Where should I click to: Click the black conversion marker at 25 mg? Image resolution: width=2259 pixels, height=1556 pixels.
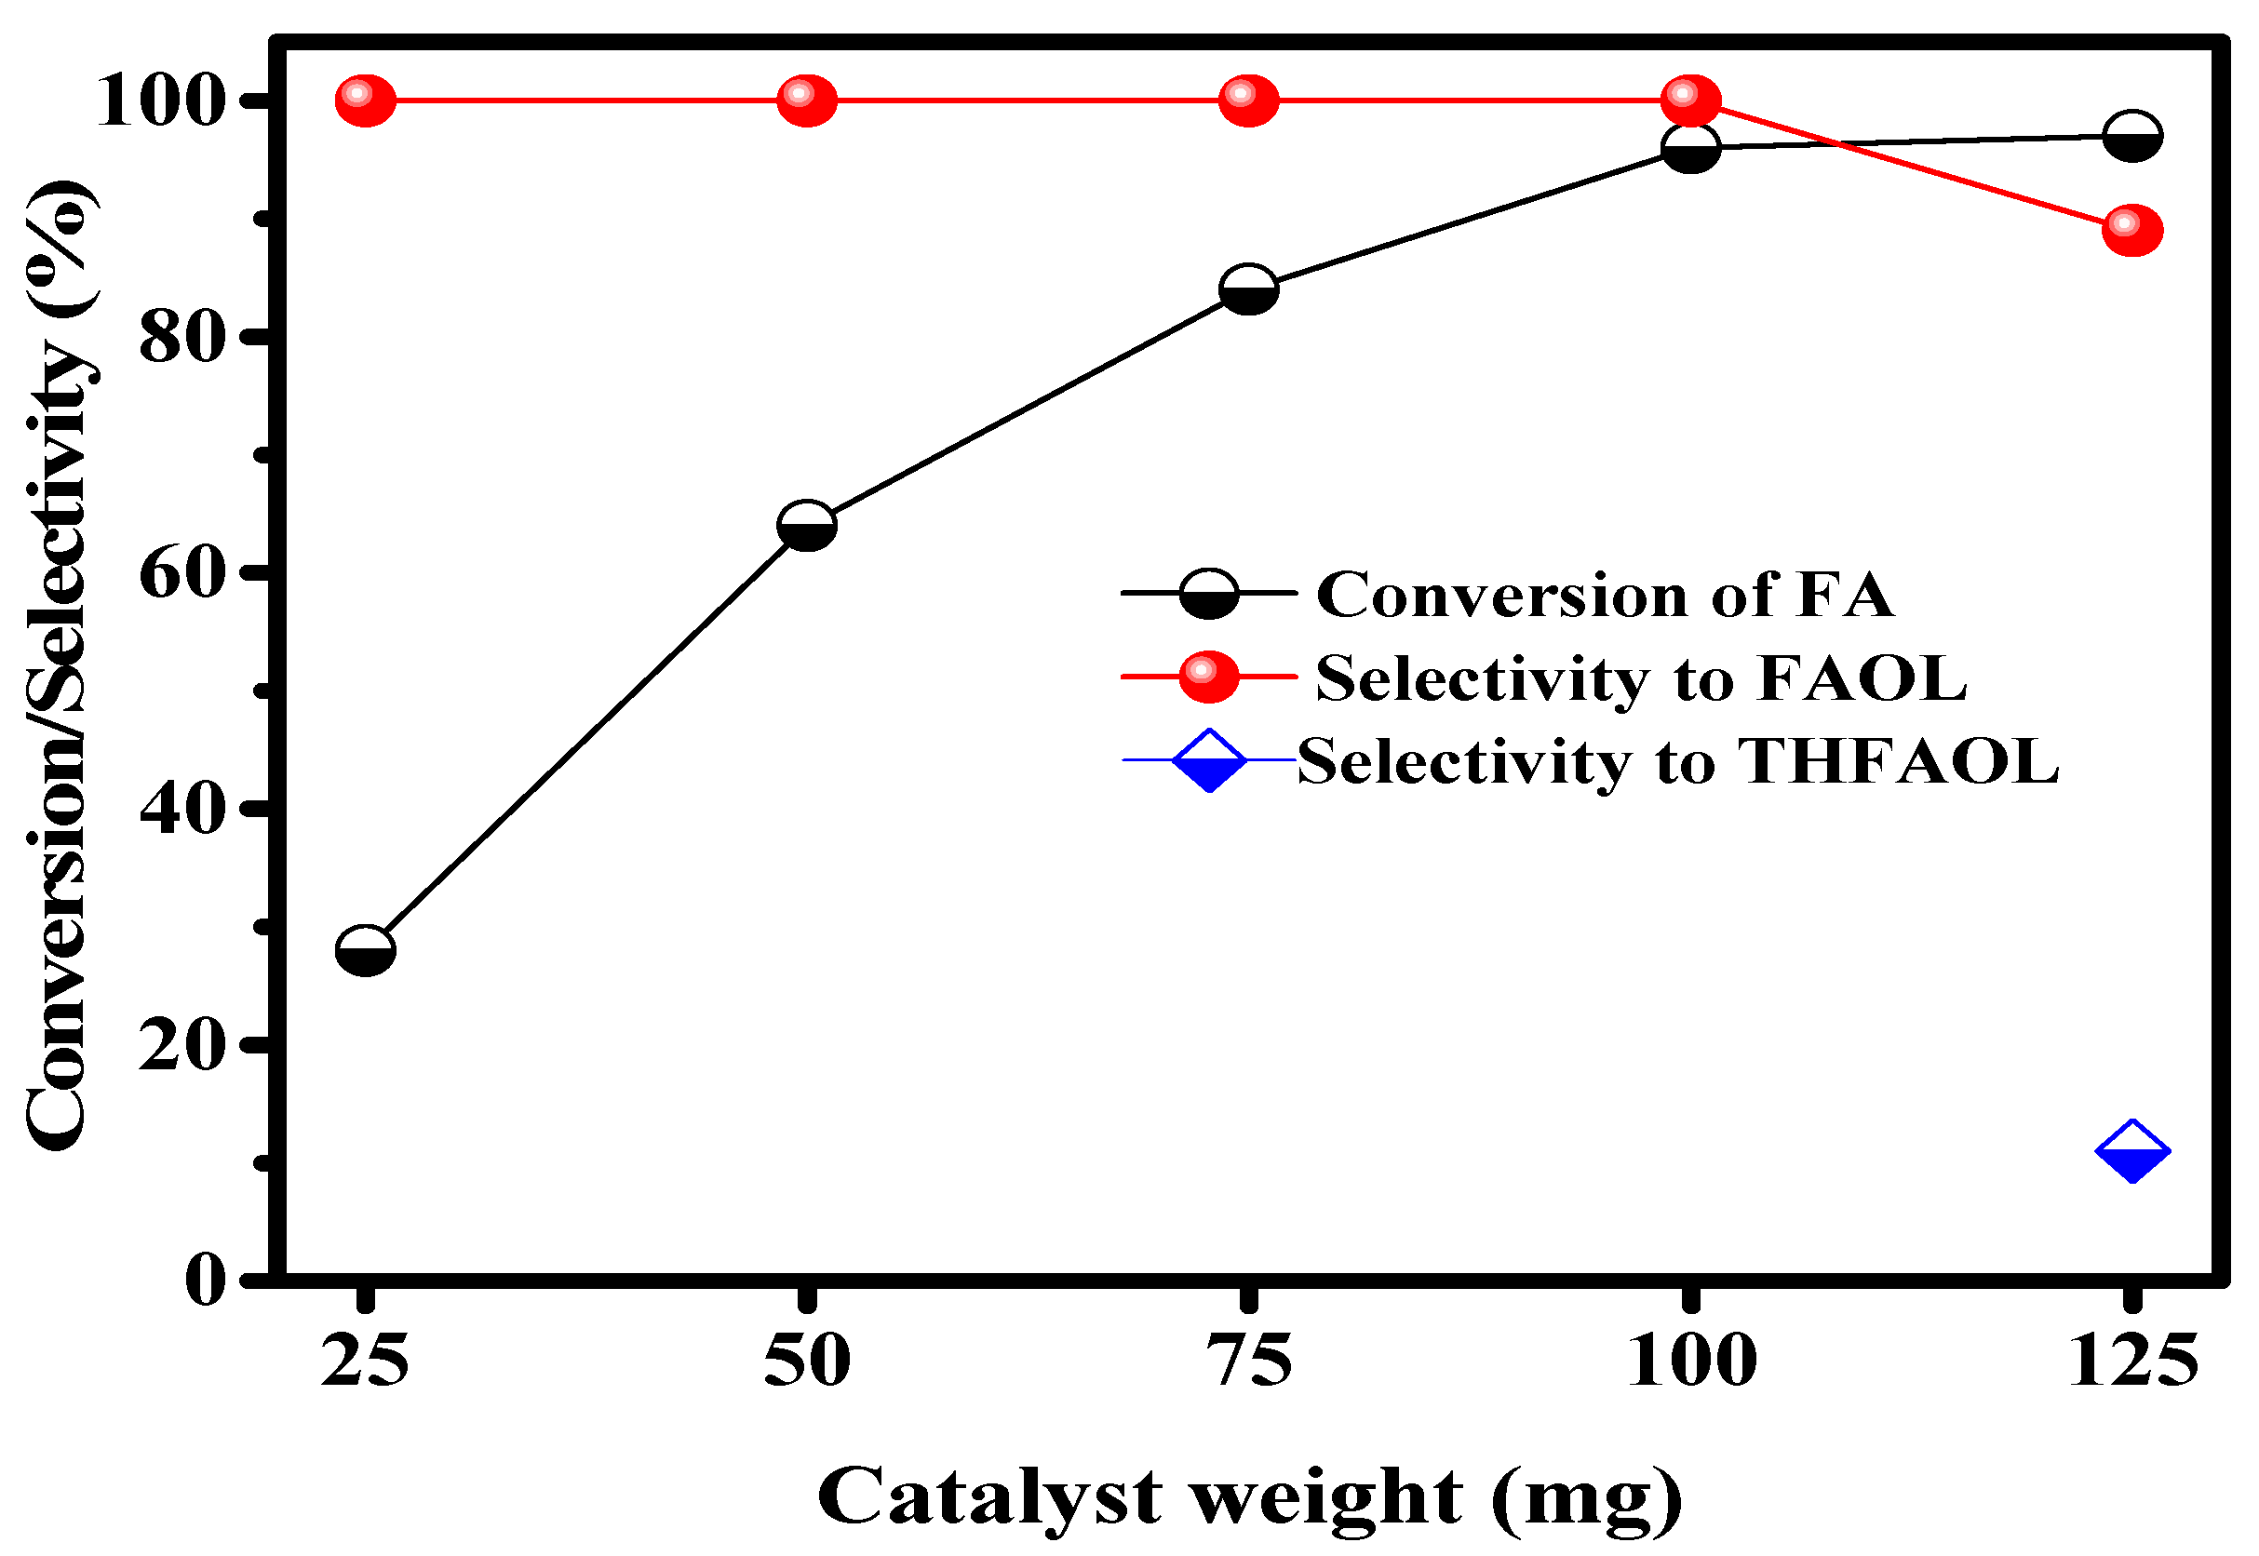366,950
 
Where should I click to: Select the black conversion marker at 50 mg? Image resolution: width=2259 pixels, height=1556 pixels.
807,527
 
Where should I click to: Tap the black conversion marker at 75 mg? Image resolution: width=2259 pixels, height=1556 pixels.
1249,289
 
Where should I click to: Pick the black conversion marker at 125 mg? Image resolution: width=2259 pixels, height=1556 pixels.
2133,136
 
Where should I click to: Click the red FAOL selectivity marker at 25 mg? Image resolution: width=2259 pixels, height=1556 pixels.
366,100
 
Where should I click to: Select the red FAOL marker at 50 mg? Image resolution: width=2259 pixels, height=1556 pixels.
807,100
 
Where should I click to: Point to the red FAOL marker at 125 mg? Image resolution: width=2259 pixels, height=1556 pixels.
2133,230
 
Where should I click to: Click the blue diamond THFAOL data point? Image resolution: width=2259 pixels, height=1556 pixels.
2133,1152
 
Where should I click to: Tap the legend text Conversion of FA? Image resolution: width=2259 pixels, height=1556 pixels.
1605,595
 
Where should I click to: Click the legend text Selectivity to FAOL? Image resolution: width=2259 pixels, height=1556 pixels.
1641,677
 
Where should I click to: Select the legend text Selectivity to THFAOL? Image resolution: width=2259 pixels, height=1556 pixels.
1678,761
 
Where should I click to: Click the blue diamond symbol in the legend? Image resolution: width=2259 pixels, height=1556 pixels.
1209,760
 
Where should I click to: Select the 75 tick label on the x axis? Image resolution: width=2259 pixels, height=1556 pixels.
1249,1361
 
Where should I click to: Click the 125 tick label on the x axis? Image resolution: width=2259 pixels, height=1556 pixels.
2133,1361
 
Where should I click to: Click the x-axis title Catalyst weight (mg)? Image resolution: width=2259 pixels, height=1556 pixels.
1250,1496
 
